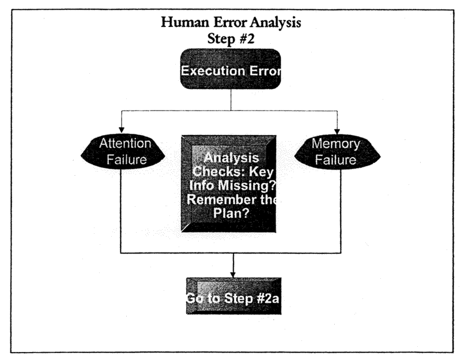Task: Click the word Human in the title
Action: click(x=185, y=22)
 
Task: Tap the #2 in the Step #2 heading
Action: click(x=247, y=39)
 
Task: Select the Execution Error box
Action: click(x=231, y=69)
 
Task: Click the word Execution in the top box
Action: click(x=213, y=71)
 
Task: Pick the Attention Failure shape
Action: click(x=123, y=151)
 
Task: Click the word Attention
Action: click(x=125, y=143)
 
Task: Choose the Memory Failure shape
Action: click(x=337, y=152)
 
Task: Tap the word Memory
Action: click(x=336, y=144)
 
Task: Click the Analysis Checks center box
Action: click(x=229, y=184)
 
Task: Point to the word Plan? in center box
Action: click(x=231, y=213)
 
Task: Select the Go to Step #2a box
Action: click(x=234, y=296)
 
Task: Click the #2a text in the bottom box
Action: click(x=267, y=298)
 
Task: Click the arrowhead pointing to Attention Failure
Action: click(x=122, y=130)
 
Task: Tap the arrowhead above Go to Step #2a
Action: click(x=233, y=275)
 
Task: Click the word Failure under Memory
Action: click(x=335, y=160)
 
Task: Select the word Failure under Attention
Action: click(x=127, y=160)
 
